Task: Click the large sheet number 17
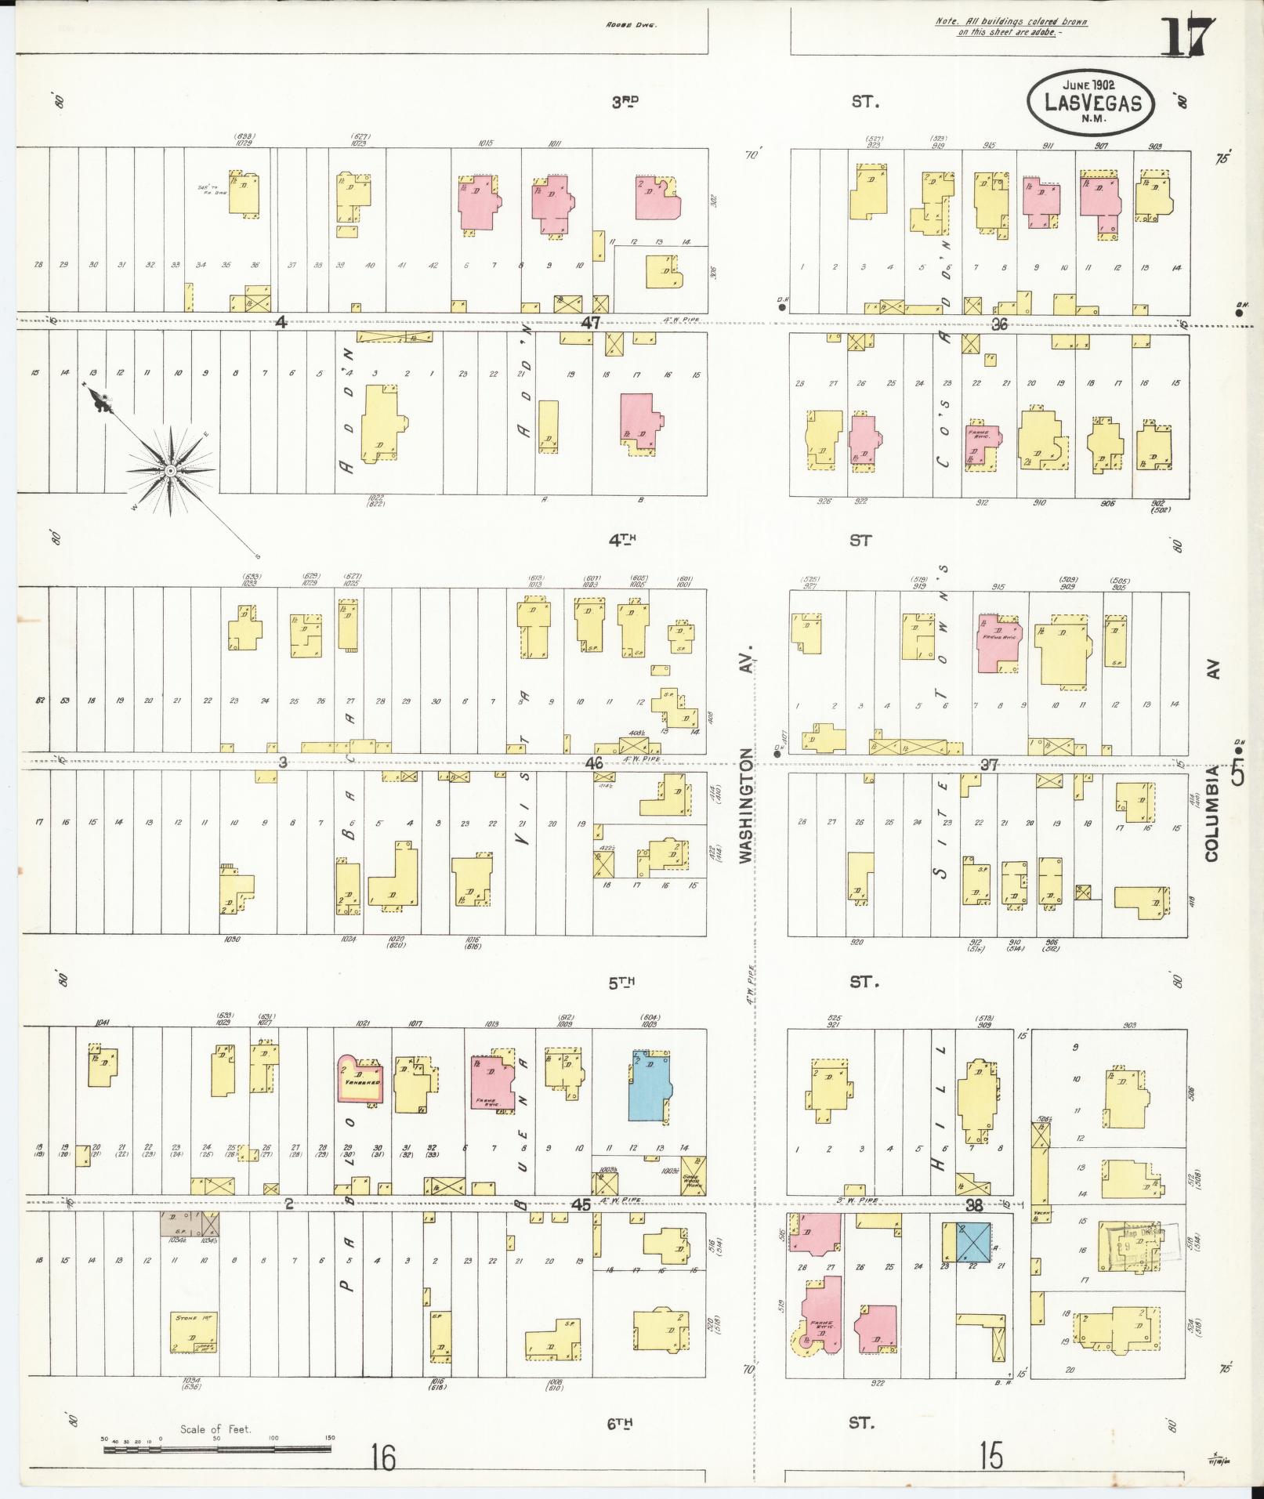coord(1186,37)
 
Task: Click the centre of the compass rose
coord(169,470)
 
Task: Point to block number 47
coord(590,322)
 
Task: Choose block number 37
coord(990,765)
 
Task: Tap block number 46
coord(593,762)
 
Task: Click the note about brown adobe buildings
coord(1011,27)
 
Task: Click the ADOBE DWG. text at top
coord(632,24)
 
